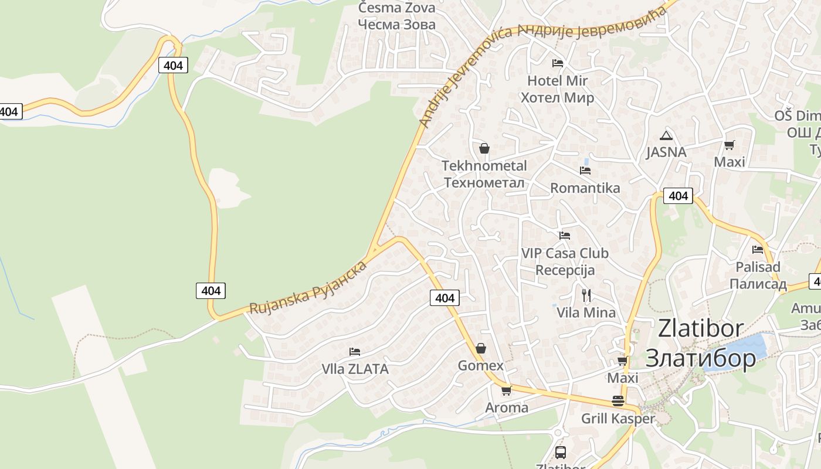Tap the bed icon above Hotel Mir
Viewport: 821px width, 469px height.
[557, 63]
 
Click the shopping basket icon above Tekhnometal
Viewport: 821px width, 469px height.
[484, 148]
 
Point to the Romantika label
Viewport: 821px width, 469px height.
[585, 188]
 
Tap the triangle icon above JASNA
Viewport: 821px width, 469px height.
[666, 136]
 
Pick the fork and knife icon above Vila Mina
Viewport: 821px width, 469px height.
[586, 294]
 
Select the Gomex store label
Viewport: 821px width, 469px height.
[480, 366]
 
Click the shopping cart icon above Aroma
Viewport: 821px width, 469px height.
[506, 390]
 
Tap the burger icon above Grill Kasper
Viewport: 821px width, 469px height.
[618, 401]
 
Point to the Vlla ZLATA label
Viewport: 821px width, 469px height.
[355, 369]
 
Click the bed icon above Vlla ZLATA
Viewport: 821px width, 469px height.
[355, 352]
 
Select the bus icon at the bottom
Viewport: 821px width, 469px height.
[560, 452]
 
